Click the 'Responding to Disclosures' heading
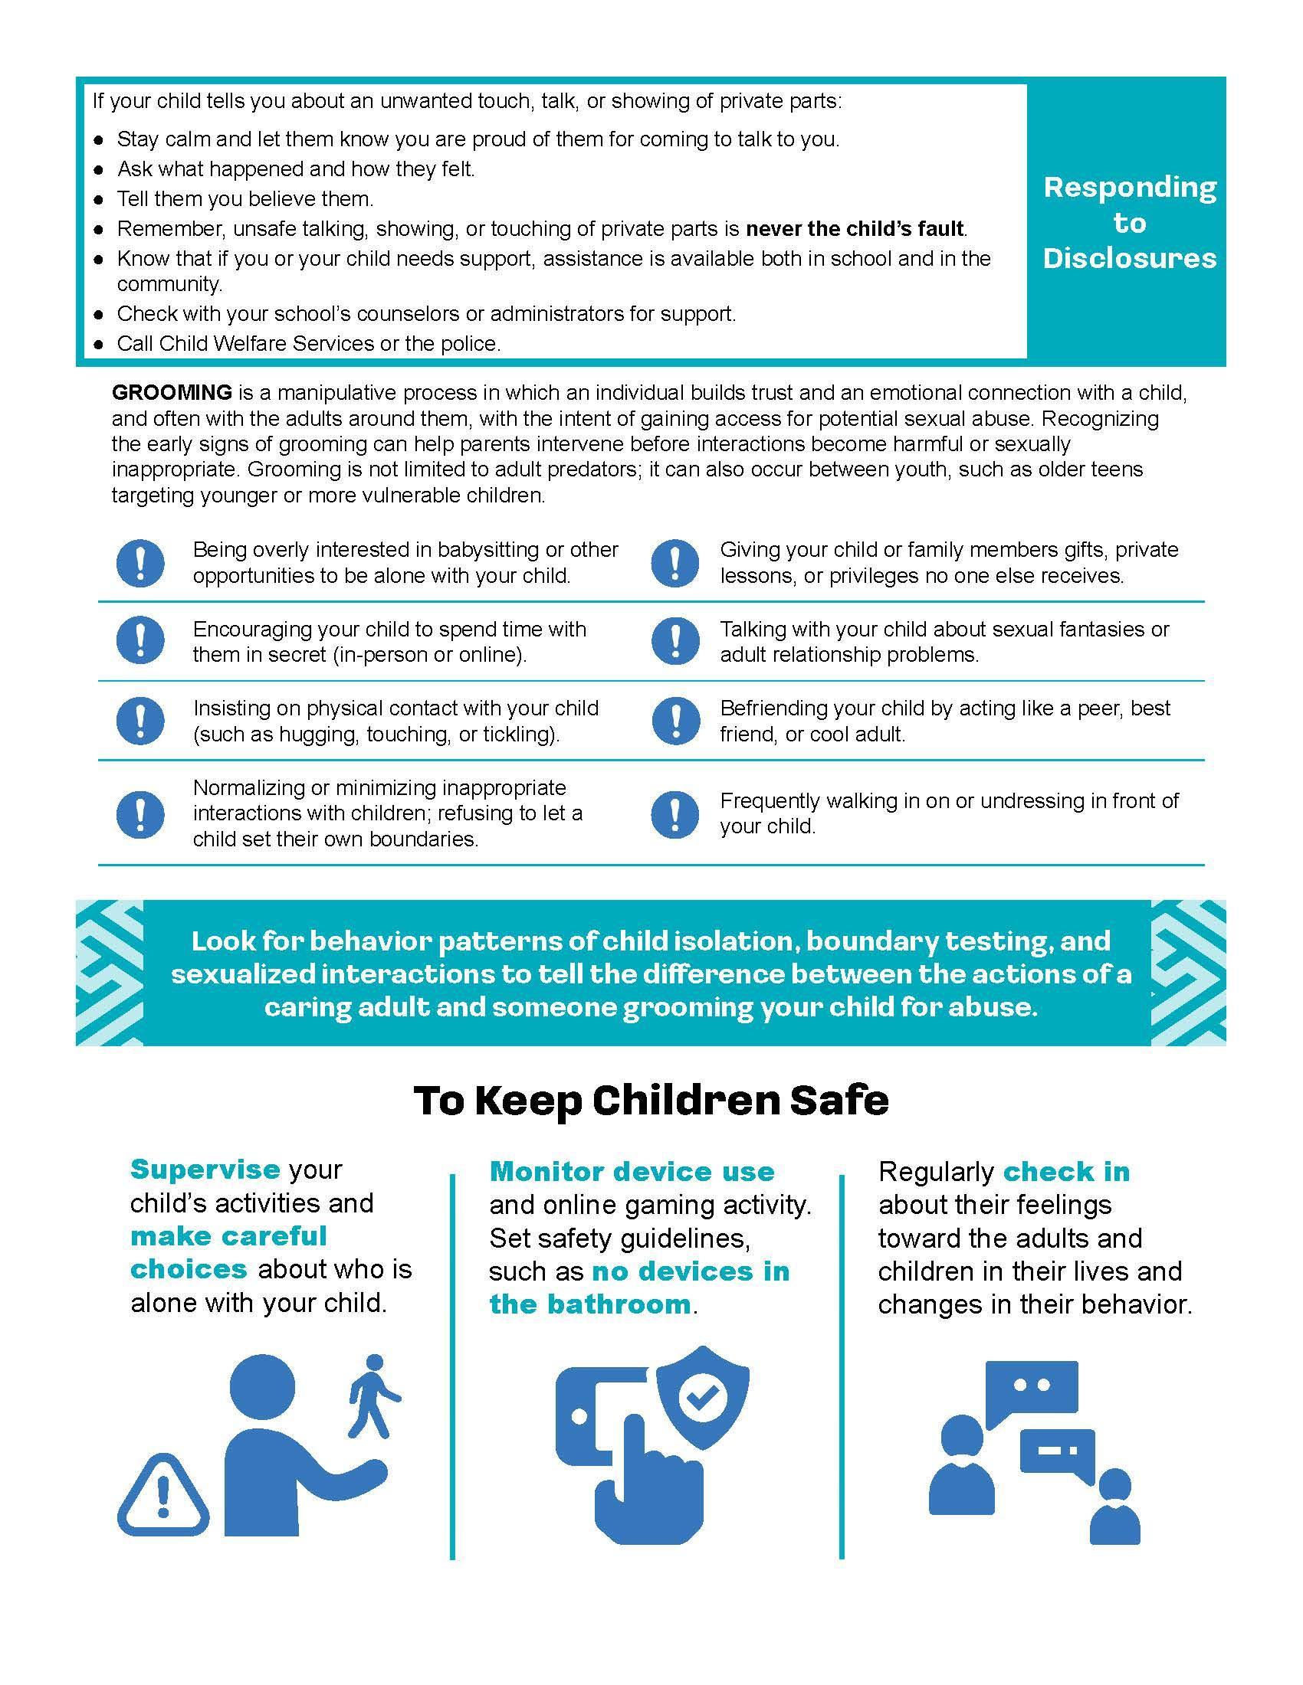1129,222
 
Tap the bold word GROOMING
172,393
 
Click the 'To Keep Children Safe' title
651,1100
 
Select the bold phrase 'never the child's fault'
855,229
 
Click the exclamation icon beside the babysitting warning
139,563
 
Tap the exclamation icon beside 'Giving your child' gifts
674,563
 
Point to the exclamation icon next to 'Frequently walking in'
674,814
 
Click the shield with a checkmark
701,1395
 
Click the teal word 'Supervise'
205,1170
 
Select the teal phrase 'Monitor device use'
632,1172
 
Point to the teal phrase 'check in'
1066,1172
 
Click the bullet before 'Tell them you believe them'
99,200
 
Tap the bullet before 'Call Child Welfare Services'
99,345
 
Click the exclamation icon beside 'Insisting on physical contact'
139,721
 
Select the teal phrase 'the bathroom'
589,1304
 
